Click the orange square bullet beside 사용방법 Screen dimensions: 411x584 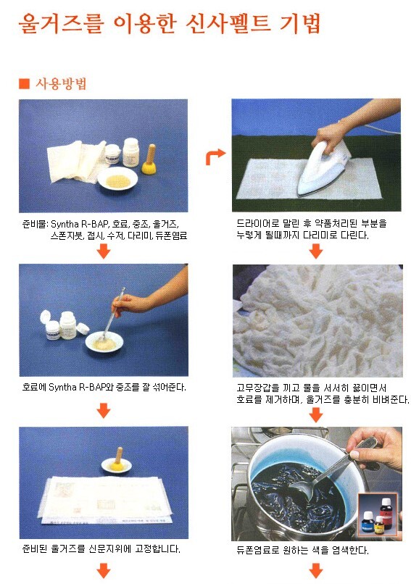click(24, 83)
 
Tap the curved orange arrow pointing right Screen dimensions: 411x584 click(215, 157)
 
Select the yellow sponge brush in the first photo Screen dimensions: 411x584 click(149, 159)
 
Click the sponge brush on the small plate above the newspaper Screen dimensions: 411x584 click(117, 459)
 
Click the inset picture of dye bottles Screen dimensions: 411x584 click(378, 514)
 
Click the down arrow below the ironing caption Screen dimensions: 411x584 click(316, 251)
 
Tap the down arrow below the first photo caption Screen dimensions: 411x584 click(104, 251)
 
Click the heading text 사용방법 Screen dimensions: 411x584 click(61, 83)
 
